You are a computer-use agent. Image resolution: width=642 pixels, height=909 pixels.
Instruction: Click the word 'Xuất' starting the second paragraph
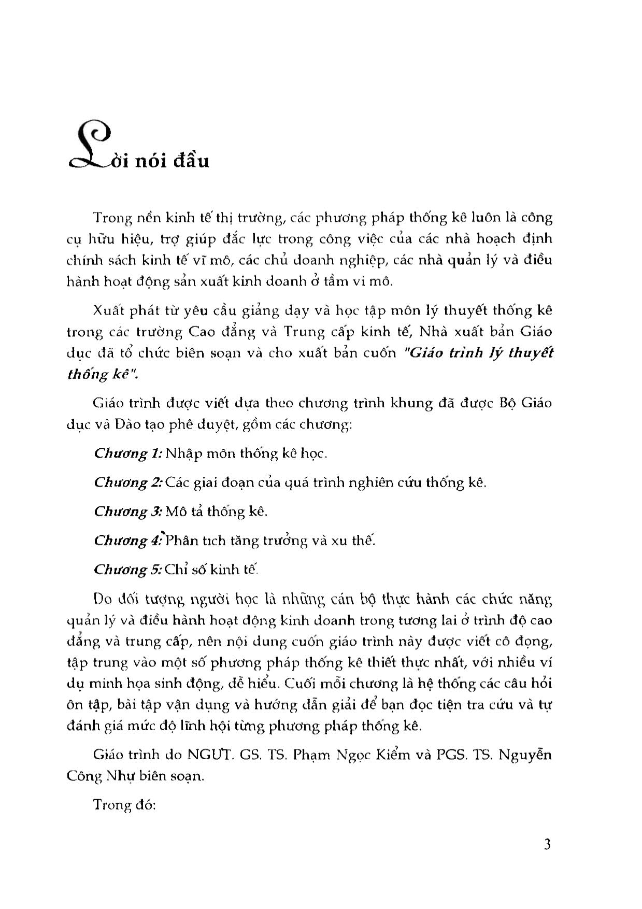click(108, 310)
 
